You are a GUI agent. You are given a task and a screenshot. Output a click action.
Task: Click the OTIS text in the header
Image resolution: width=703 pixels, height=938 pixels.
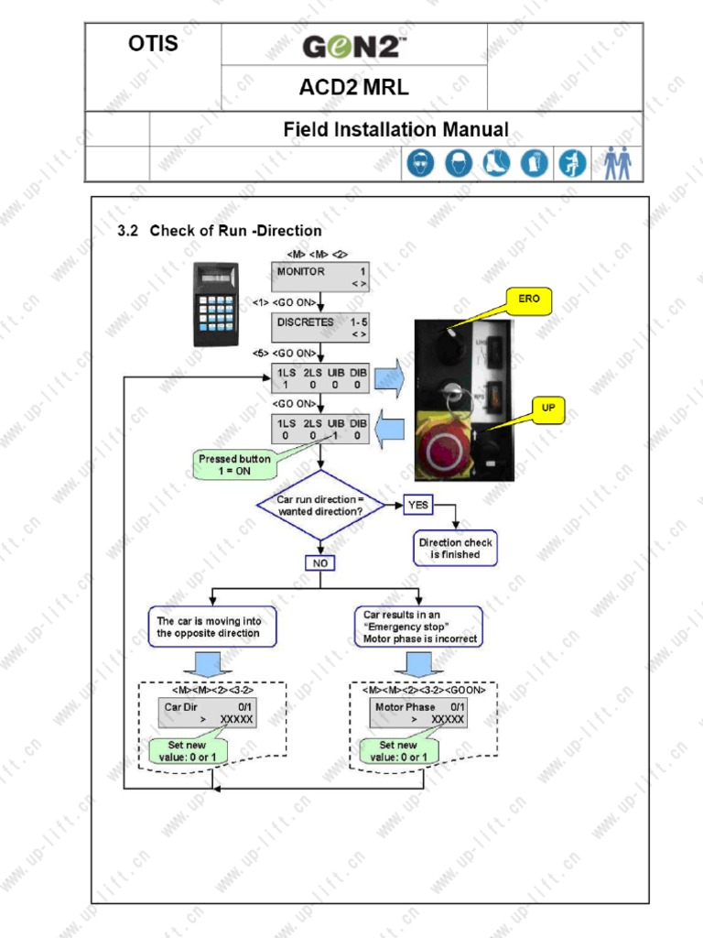tap(153, 43)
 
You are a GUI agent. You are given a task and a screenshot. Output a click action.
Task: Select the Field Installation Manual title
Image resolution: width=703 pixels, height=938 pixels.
tap(395, 130)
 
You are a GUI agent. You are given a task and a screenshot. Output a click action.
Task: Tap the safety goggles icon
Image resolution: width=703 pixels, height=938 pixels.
tap(420, 164)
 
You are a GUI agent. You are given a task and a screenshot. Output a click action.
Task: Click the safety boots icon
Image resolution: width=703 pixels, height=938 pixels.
tap(496, 164)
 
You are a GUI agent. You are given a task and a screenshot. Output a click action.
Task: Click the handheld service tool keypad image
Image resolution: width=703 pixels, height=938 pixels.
tap(216, 304)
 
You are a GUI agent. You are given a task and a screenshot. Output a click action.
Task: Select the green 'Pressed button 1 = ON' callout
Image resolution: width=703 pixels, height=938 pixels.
tap(233, 464)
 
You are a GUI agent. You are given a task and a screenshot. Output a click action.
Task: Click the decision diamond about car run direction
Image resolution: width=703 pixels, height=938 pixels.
tap(320, 506)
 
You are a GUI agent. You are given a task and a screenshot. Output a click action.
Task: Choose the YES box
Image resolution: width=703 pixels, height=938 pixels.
tap(417, 505)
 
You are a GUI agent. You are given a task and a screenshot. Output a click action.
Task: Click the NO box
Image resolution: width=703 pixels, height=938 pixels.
tap(320, 563)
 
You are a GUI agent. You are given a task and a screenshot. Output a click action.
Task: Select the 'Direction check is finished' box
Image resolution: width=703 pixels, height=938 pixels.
tap(455, 549)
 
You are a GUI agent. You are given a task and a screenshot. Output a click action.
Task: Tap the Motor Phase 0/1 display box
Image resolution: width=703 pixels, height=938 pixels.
tap(419, 713)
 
